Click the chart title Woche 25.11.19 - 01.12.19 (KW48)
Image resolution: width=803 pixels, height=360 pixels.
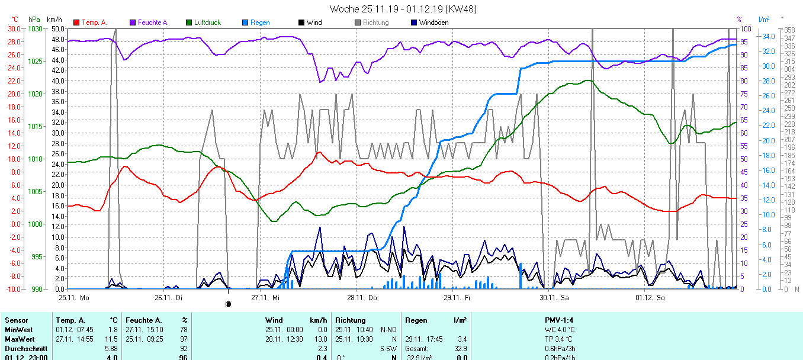(x=403, y=9)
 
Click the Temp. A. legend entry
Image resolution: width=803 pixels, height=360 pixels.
(x=94, y=22)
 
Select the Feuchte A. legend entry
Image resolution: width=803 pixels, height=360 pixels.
(x=153, y=22)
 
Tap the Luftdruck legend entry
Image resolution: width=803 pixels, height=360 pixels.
(x=207, y=22)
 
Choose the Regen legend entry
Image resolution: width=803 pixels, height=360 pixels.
(x=259, y=22)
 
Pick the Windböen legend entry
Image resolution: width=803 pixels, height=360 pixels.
(x=433, y=22)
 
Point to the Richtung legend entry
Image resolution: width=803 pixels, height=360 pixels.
(x=375, y=22)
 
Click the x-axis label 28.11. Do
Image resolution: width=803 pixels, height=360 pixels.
(x=362, y=297)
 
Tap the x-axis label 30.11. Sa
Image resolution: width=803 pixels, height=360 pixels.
(x=554, y=297)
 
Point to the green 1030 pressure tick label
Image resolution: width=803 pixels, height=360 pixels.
(x=36, y=29)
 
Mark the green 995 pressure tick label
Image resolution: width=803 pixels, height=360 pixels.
(x=37, y=256)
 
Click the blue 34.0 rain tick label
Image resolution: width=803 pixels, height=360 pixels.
(x=769, y=36)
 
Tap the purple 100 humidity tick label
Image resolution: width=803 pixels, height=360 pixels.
(x=746, y=29)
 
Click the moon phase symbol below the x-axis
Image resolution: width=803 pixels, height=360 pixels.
(x=229, y=304)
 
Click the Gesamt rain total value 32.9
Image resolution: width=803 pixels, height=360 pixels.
(x=460, y=349)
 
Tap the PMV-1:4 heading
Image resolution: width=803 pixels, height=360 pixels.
(x=558, y=320)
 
